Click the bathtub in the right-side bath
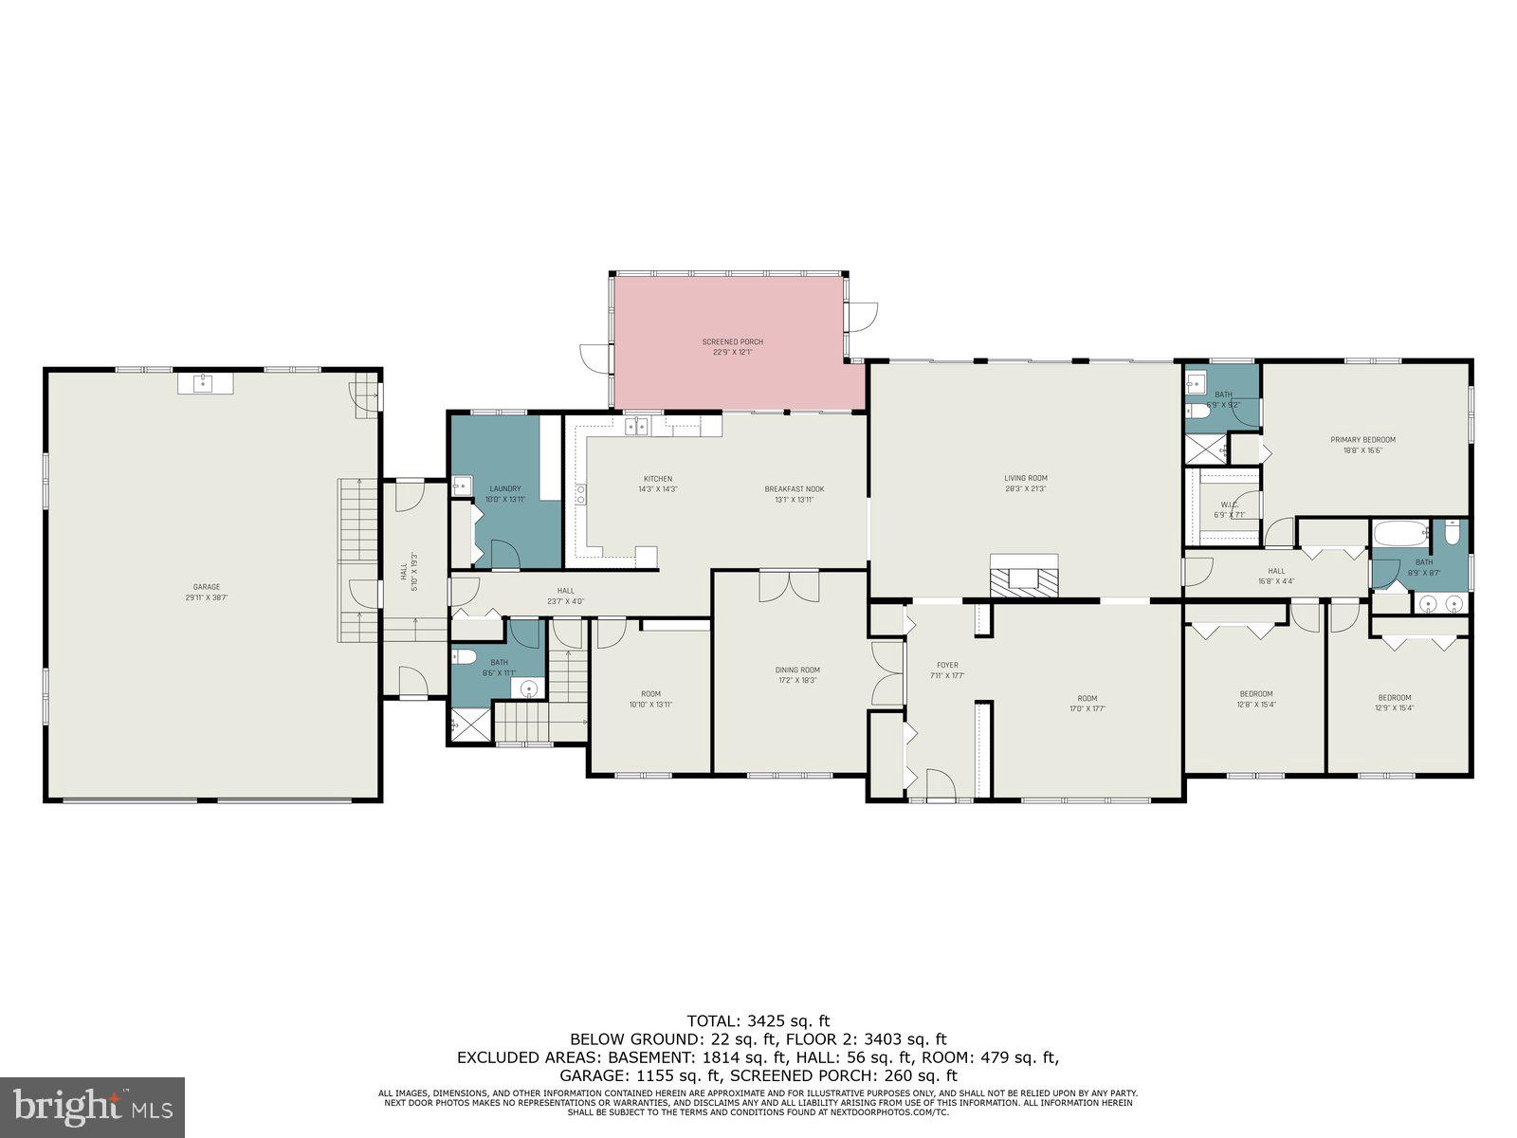1398,533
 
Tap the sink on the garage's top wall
202,383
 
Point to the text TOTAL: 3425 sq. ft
758,1021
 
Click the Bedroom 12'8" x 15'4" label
1255,698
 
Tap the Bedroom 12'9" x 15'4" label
1394,702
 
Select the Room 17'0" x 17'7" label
1087,703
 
